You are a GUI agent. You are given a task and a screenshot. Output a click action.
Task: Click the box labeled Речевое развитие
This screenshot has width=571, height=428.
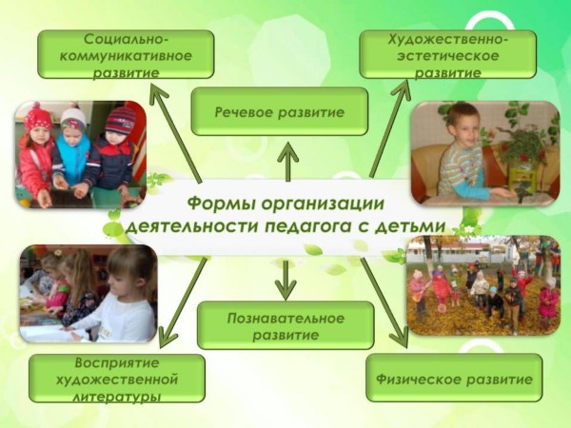click(279, 111)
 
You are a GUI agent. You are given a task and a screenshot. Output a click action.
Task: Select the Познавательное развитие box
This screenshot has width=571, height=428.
click(285, 325)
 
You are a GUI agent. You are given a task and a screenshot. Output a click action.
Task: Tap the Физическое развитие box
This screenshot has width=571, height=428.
click(454, 378)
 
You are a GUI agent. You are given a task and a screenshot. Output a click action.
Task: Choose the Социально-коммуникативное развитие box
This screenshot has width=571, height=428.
click(126, 54)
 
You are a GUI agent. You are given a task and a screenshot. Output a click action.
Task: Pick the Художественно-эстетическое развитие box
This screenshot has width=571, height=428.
click(448, 54)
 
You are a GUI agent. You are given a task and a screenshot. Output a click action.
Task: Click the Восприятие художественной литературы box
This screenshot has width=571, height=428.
click(117, 379)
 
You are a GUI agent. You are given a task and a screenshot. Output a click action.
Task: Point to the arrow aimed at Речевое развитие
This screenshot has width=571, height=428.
click(287, 162)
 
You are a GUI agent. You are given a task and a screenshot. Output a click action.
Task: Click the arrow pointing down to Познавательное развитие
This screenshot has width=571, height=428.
click(285, 281)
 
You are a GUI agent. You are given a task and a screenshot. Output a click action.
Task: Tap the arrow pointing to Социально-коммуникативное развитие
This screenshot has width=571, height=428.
click(176, 132)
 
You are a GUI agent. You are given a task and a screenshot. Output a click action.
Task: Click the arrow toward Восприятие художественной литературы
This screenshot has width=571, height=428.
click(183, 302)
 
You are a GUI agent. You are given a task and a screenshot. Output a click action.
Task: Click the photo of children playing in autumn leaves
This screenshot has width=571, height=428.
click(482, 285)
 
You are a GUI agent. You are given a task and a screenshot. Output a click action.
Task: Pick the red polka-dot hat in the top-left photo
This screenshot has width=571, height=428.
click(37, 117)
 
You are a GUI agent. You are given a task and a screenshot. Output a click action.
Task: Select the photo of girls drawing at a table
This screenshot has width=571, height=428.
click(89, 293)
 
